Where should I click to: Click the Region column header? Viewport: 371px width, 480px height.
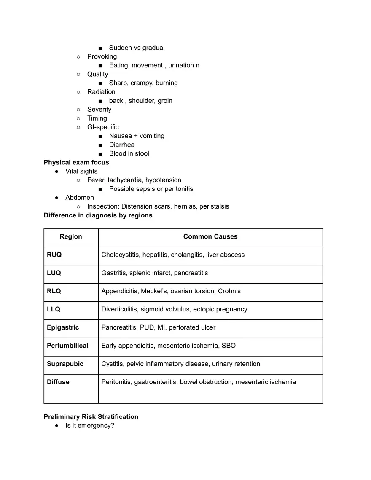tap(71, 237)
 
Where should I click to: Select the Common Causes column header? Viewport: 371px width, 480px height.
tap(210, 237)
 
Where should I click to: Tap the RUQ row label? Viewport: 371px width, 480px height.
tap(54, 255)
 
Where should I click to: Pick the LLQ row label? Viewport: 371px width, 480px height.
tap(54, 309)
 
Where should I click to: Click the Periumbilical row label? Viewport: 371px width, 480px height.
tap(67, 346)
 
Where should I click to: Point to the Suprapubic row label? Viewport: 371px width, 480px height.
tap(65, 364)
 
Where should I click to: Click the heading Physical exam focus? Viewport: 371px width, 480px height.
tap(76, 163)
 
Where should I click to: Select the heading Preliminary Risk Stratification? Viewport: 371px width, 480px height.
tap(91, 417)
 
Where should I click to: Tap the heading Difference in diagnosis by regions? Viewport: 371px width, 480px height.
tap(98, 215)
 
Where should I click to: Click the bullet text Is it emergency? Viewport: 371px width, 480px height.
tap(90, 426)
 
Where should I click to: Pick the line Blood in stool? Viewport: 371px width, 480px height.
tap(129, 154)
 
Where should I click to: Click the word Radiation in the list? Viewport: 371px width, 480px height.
tap(101, 92)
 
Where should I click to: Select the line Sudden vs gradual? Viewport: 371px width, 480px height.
tap(137, 48)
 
